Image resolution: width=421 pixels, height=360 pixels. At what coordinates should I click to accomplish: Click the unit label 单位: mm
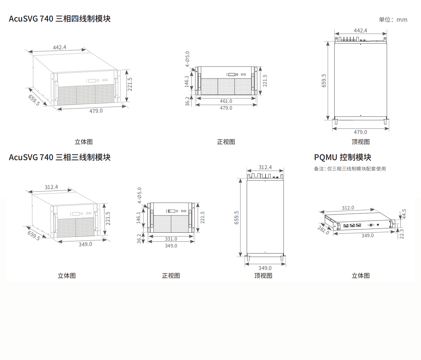coord(393,20)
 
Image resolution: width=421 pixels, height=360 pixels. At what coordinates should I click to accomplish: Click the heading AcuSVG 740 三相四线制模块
coord(60,19)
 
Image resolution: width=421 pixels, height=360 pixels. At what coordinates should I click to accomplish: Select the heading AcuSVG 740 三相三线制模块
coord(60,157)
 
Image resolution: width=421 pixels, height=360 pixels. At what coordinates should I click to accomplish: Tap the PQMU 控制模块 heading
coord(342,157)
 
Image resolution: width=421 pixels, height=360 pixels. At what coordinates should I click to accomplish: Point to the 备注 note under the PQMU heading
coord(350,169)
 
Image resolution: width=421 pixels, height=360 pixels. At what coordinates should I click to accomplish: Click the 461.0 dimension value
coord(226,101)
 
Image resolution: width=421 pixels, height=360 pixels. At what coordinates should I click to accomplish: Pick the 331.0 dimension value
coord(171,239)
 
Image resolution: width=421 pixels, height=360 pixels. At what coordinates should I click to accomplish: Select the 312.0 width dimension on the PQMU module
coord(348,208)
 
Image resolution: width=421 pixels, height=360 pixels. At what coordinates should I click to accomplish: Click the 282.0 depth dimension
coord(323,230)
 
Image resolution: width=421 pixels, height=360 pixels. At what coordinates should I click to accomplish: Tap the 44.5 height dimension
coord(404,214)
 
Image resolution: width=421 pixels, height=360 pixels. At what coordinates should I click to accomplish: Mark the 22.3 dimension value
coord(401,234)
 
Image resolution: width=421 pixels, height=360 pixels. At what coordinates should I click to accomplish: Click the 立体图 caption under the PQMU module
coord(361,276)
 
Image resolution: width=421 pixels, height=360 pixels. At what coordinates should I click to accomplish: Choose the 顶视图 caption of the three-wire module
coord(263,276)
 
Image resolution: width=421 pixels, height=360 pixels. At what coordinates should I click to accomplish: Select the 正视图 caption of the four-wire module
coord(226,142)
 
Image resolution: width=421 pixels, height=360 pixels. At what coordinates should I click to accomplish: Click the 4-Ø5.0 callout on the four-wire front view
coord(187,59)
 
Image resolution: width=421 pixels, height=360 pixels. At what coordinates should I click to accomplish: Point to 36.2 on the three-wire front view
coord(139,239)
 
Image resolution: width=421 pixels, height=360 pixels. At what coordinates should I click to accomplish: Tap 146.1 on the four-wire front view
coord(187,81)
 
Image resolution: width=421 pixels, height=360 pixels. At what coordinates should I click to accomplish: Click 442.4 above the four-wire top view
coord(360,30)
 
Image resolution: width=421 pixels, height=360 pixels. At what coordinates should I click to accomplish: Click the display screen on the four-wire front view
coord(232,74)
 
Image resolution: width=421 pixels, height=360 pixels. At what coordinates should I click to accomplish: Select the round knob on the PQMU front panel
coord(378,225)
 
